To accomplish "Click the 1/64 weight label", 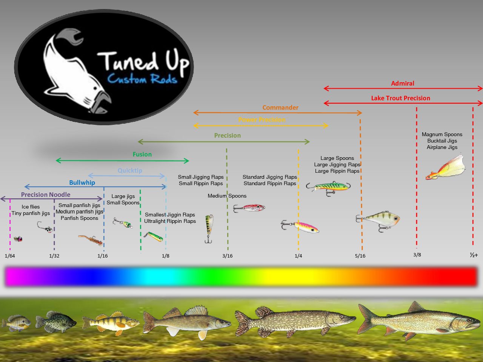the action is [x=10, y=256].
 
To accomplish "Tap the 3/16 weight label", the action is [x=227, y=256].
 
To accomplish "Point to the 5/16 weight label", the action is [x=360, y=256].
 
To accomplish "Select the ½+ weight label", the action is [x=474, y=255].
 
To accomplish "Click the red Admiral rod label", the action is [x=403, y=83].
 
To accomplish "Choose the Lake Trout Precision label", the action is [x=400, y=98].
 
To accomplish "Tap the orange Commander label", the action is [x=280, y=107].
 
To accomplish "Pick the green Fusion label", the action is [x=142, y=154].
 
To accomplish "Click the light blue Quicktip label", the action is [x=130, y=170].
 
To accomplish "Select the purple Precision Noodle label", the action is [x=46, y=195].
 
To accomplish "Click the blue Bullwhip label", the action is [x=82, y=183].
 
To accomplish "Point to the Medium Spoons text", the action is [x=227, y=196].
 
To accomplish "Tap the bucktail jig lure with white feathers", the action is [x=446, y=168].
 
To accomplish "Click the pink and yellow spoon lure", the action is [x=300, y=227].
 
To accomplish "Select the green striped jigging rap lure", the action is [x=328, y=188].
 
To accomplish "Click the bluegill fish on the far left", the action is [x=17, y=323].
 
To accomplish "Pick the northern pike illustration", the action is [x=295, y=322].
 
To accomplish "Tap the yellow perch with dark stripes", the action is [x=111, y=323].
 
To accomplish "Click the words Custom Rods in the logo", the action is [x=142, y=79].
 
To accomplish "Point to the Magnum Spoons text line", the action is [x=442, y=134].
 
